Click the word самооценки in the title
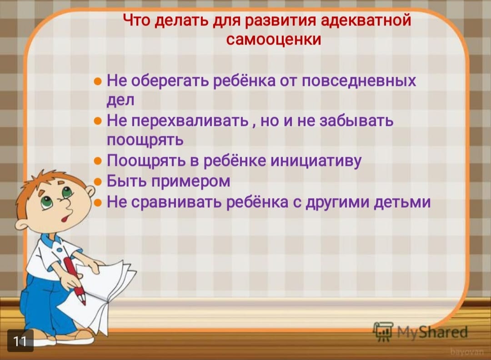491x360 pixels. (x=274, y=40)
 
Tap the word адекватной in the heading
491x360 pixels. (x=366, y=20)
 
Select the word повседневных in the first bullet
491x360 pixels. (x=359, y=81)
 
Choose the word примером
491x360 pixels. (x=191, y=182)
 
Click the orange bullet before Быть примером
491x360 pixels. (x=98, y=182)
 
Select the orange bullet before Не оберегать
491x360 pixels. (x=98, y=82)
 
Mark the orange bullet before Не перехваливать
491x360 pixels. (x=98, y=121)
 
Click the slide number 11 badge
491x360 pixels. (x=20, y=340)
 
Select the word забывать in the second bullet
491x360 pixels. (x=356, y=121)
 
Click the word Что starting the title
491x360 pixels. (x=137, y=20)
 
